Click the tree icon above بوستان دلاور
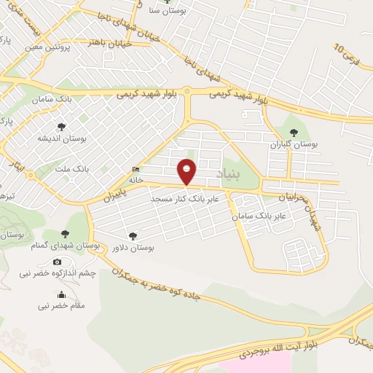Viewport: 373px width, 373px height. (132, 235)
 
